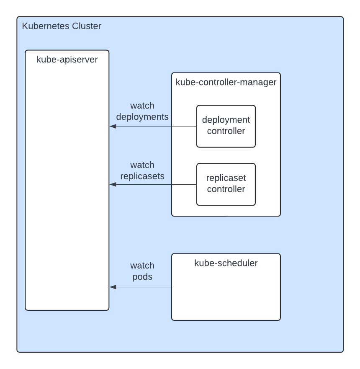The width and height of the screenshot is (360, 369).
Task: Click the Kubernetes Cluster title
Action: pos(61,26)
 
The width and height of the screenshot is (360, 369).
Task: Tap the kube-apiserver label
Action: pos(67,59)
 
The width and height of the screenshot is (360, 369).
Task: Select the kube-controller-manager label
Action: pos(226,82)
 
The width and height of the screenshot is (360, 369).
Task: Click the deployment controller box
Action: pos(226,126)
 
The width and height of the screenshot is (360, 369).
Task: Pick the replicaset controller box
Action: pos(226,184)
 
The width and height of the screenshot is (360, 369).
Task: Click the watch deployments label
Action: pos(142,111)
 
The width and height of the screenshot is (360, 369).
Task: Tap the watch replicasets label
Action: pos(142,170)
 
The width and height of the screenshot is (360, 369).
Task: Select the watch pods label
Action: pos(142,271)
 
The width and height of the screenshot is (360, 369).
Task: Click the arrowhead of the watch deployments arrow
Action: pos(112,126)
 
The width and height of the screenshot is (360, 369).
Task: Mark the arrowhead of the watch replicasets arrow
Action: pos(112,184)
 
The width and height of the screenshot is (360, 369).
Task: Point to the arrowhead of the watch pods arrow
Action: pos(112,287)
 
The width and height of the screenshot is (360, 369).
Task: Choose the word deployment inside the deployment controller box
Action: pos(226,120)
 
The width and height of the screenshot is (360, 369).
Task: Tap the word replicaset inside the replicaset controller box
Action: pos(226,178)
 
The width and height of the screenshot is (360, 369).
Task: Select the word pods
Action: pos(142,277)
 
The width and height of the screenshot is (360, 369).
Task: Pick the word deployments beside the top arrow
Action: pos(142,117)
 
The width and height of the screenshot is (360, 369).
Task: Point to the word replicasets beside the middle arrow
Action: pos(142,176)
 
